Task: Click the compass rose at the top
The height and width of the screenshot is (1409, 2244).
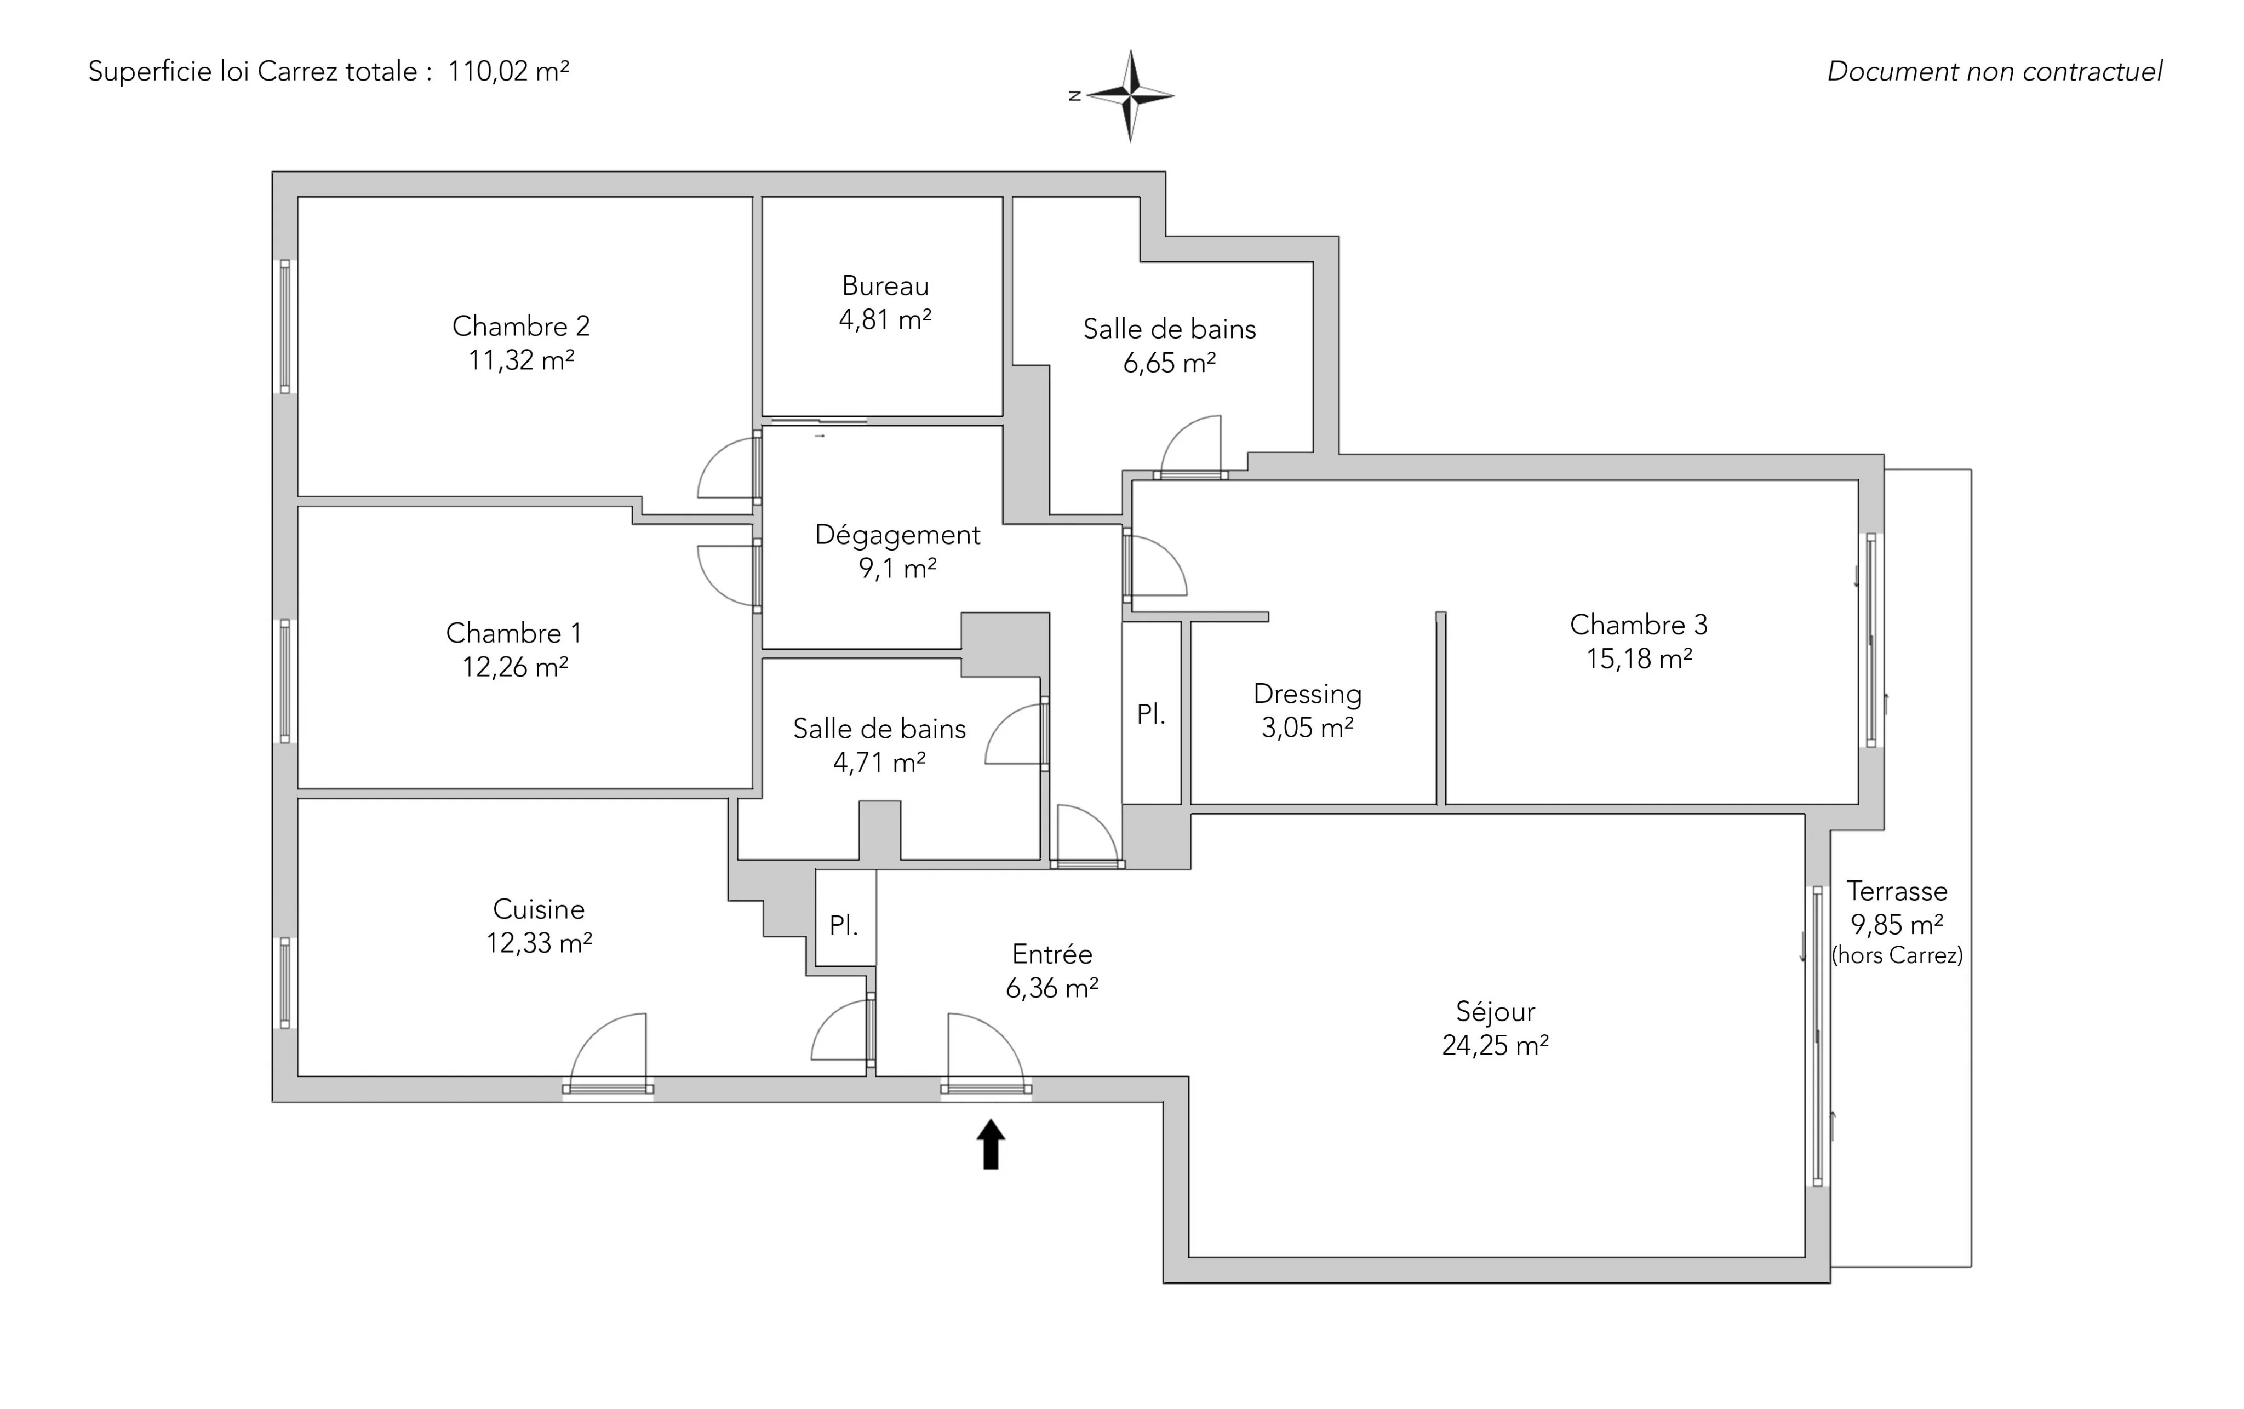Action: point(1130,95)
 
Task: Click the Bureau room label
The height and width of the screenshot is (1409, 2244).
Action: point(885,285)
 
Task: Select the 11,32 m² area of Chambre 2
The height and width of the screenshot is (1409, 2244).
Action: point(521,360)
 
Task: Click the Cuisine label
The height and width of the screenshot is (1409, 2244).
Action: point(539,909)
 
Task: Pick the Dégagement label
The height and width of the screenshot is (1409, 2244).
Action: point(897,535)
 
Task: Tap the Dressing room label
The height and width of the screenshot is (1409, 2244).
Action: point(1307,694)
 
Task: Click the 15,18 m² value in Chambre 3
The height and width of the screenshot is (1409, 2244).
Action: point(1639,659)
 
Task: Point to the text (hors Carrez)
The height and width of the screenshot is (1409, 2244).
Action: point(1897,955)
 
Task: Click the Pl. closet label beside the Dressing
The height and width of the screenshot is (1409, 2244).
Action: point(1151,715)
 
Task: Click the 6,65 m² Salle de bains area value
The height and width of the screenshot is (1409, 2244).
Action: point(1170,363)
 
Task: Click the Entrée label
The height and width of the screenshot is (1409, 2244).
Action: point(1052,954)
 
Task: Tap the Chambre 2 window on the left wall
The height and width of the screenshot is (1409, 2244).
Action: point(285,326)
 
